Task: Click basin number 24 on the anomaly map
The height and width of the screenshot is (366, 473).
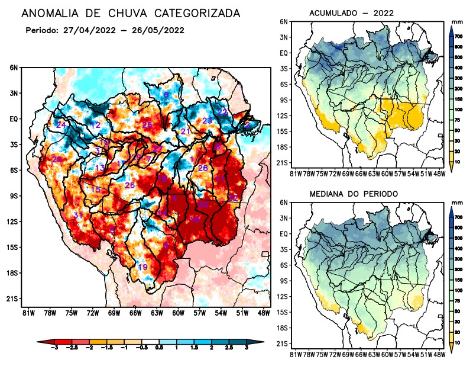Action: pos(61,125)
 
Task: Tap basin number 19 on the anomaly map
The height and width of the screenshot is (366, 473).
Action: pos(142,267)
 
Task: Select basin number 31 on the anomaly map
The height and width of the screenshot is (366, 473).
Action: pos(78,214)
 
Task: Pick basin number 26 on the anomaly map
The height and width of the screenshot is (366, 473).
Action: pos(129,185)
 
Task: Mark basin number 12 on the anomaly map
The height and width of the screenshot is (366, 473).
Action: pos(96,125)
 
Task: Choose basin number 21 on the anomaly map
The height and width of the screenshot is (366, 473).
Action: pos(185,131)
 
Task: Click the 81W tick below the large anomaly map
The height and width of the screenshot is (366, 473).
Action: pos(27,313)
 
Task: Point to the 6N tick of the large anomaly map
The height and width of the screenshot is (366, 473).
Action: pos(13,68)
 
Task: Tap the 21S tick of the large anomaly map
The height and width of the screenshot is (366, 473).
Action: pos(12,298)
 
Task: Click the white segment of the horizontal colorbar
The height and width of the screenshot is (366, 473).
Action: pos(151,342)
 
